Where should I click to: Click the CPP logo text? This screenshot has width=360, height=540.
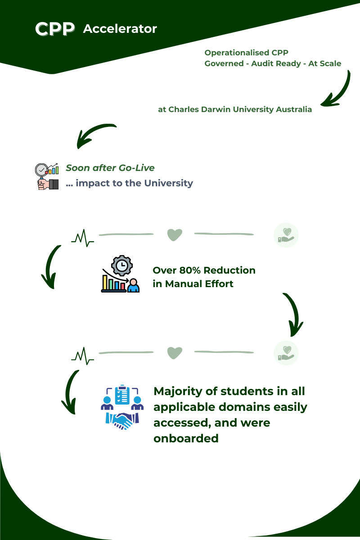pos(55,29)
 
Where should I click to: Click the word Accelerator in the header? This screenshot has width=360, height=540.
pos(120,29)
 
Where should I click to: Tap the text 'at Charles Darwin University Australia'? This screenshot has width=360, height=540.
pos(234,109)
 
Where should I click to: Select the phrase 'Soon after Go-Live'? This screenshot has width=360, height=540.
pos(110,168)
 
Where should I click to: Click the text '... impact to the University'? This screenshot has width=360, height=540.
pos(129,183)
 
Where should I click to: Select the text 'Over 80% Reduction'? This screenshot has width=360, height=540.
pos(204,270)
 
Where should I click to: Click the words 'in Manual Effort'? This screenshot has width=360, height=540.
pos(193,283)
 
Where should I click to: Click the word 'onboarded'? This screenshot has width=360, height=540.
pos(186,438)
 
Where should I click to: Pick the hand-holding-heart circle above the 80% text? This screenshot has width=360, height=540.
pos(286,235)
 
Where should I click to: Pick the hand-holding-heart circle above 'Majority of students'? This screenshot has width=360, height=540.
pos(286,353)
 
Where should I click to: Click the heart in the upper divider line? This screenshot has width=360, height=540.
pos(175,235)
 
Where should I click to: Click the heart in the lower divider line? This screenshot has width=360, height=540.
pos(175,353)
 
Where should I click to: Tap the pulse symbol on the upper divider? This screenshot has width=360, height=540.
pos(82,237)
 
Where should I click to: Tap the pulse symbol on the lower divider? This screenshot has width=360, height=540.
pos(82,355)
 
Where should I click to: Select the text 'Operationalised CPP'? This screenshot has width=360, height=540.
pos(246,53)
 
